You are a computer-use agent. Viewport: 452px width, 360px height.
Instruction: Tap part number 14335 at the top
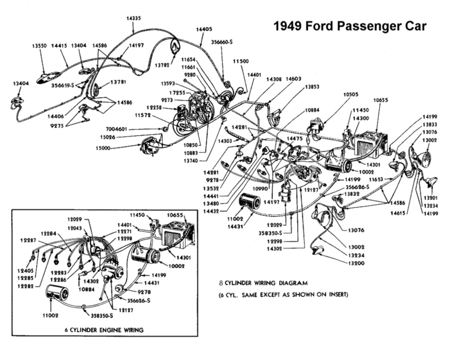134,19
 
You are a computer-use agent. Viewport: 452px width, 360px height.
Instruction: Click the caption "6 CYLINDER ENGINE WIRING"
105,329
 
